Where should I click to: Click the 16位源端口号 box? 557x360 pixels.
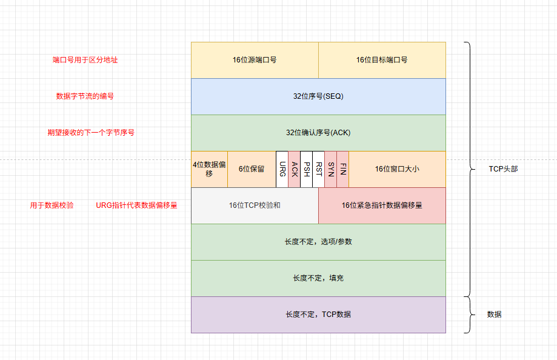pyautogui.click(x=255, y=60)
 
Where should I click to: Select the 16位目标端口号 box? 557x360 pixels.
pyautogui.click(x=382, y=60)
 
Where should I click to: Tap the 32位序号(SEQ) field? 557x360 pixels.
pyautogui.click(x=318, y=96)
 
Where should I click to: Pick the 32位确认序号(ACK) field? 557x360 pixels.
pyautogui.click(x=318, y=133)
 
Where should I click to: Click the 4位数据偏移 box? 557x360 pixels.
pyautogui.click(x=209, y=169)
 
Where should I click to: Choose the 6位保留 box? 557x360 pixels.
pyautogui.click(x=252, y=169)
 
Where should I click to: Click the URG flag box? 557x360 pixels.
pyautogui.click(x=282, y=169)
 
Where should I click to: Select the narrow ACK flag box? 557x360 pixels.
pyautogui.click(x=294, y=169)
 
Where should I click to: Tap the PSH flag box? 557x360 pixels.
pyautogui.click(x=306, y=169)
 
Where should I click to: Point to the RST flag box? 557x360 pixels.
pyautogui.click(x=318, y=169)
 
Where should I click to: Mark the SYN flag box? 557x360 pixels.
pyautogui.click(x=330, y=169)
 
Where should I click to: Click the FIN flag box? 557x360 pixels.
pyautogui.click(x=342, y=169)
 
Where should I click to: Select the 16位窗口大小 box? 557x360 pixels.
pyautogui.click(x=397, y=169)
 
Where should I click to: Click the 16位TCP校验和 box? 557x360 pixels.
pyautogui.click(x=255, y=205)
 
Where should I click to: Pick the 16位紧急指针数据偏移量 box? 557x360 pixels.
pyautogui.click(x=382, y=205)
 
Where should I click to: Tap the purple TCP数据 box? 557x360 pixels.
pyautogui.click(x=318, y=315)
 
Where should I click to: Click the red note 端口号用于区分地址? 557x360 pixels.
pyautogui.click(x=85, y=60)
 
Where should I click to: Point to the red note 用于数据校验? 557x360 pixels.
pyautogui.click(x=52, y=205)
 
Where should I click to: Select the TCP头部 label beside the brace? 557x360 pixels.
pyautogui.click(x=503, y=169)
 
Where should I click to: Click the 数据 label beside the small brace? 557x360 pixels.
pyautogui.click(x=495, y=315)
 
